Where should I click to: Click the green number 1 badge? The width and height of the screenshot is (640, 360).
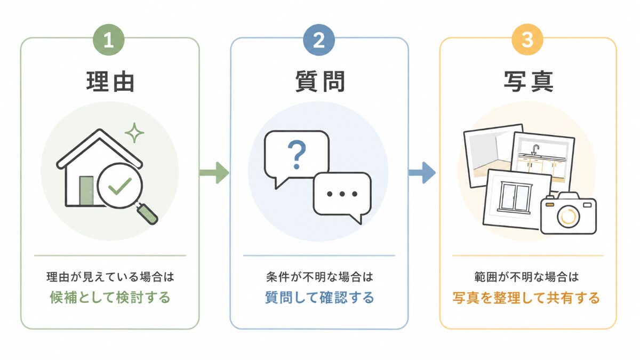click(x=109, y=39)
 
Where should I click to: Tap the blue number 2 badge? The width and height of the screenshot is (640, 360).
click(x=319, y=39)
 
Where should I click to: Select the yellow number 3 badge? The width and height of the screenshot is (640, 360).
click(x=527, y=39)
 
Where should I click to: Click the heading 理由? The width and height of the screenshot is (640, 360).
click(x=110, y=82)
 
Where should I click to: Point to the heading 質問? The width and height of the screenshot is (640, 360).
click(x=320, y=82)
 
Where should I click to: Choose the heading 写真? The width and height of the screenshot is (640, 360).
click(x=529, y=82)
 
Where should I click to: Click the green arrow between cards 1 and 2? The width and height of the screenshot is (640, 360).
click(x=214, y=173)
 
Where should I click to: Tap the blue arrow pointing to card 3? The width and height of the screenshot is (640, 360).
click(x=422, y=173)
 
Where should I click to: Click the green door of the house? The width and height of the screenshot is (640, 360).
click(x=86, y=190)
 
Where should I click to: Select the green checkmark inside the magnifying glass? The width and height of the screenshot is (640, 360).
click(x=119, y=186)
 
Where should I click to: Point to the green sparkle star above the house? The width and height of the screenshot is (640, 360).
click(x=134, y=133)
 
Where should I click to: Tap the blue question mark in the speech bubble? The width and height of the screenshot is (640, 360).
click(x=297, y=155)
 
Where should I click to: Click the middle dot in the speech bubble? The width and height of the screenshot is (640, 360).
click(x=342, y=194)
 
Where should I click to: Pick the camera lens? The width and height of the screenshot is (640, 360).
click(x=569, y=217)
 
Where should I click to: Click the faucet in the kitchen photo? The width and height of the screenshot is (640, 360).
click(x=535, y=150)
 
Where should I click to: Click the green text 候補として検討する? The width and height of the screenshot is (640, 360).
click(x=110, y=298)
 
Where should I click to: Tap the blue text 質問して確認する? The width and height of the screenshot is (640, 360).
click(x=319, y=298)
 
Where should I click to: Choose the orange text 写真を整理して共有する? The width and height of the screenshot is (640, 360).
click(x=526, y=298)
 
